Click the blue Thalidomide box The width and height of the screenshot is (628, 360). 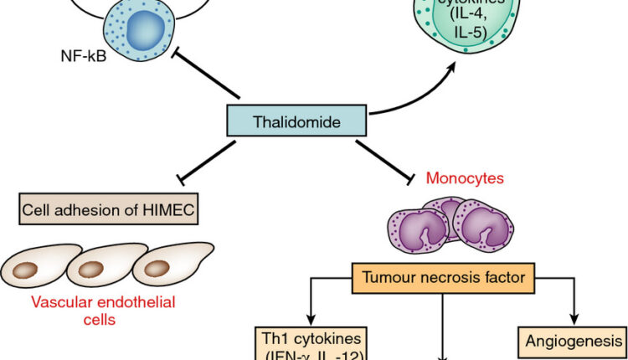pyautogui.click(x=297, y=122)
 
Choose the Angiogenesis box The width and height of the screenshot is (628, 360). pyautogui.click(x=574, y=341)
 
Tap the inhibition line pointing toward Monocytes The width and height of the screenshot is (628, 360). pyautogui.click(x=384, y=159)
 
